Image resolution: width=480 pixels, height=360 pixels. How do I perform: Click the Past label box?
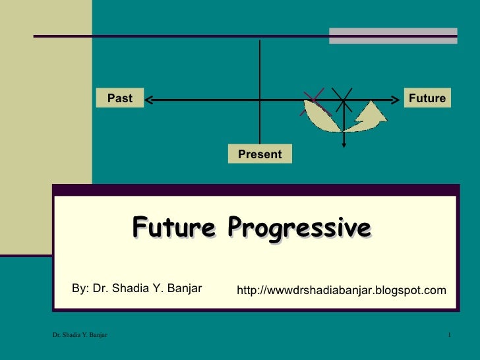coord(120,98)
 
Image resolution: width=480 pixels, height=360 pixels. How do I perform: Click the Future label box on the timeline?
coord(427,98)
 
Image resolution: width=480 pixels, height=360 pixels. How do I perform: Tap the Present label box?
coord(260,154)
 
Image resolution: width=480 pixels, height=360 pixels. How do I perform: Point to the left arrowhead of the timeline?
coord(149,100)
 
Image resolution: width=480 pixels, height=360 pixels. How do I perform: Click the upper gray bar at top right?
coord(393,31)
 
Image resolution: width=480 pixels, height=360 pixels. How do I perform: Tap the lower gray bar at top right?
coord(393,40)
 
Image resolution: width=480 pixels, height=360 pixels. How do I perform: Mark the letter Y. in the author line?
coord(160,288)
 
